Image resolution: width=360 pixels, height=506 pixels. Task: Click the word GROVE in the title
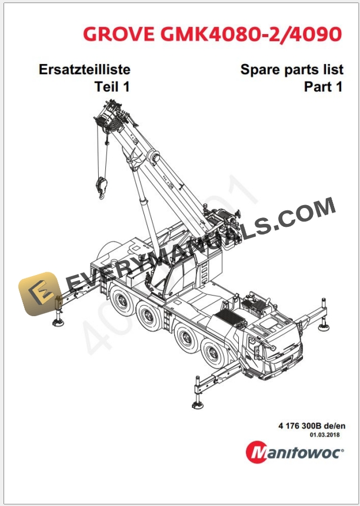click(x=118, y=33)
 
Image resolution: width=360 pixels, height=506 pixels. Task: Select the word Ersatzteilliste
click(x=84, y=69)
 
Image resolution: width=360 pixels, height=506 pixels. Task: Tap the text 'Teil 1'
click(x=112, y=87)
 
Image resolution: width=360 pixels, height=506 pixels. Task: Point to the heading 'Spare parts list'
click(x=292, y=69)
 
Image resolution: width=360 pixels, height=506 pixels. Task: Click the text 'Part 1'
click(x=323, y=87)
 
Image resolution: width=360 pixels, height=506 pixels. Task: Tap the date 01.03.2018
click(x=326, y=435)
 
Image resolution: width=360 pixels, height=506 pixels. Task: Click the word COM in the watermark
click(x=310, y=212)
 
